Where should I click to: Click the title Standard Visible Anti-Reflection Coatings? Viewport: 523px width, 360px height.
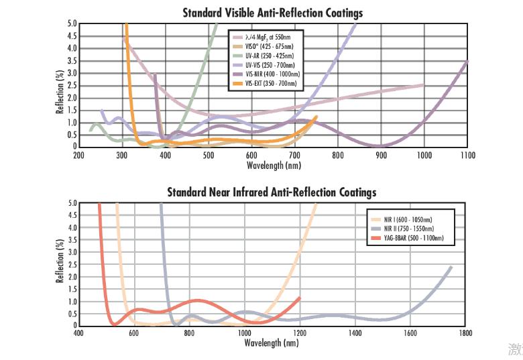272,13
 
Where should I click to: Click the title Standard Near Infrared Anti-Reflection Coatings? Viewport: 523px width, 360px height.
272,192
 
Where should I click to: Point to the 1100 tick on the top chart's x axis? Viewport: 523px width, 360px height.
467,155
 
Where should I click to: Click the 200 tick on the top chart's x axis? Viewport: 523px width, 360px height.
78,155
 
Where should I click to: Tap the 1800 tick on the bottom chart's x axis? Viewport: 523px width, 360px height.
465,333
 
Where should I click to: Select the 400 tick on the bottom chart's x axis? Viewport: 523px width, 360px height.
78,333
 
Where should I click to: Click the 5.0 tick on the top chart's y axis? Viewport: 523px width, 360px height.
72,24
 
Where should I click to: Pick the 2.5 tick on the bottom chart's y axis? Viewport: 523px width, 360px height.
72,264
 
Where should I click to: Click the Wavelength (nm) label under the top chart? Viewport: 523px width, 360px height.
273,165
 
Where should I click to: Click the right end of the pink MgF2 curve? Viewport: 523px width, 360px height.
423,85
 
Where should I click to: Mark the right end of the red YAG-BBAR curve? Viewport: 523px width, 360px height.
299,298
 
